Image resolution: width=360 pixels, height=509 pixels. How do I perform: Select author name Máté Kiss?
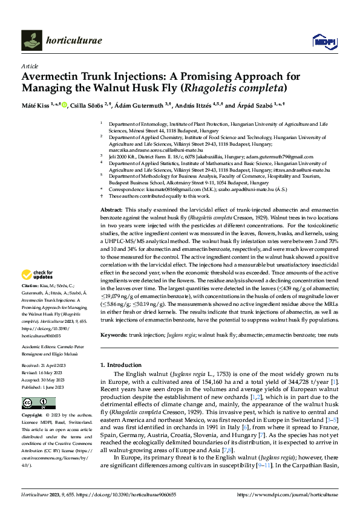35,105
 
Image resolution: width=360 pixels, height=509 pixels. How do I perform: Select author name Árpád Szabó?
260,105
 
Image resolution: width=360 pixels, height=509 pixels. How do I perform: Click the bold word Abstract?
112,208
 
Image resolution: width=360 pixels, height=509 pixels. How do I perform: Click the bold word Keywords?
113,334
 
